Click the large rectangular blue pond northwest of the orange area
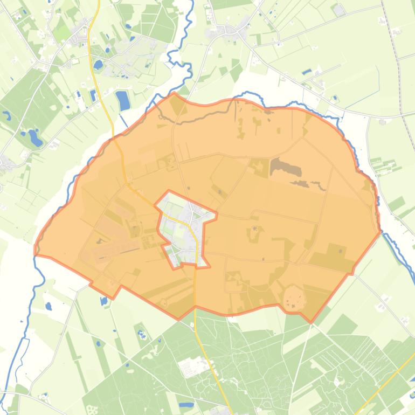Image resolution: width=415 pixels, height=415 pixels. (123, 100)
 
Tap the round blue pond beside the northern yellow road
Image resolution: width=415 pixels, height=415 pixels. (98, 65)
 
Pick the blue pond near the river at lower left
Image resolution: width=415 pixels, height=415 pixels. (49, 306)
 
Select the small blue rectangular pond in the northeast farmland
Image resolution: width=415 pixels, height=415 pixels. (307, 72)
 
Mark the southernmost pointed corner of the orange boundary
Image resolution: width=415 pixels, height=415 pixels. (311, 322)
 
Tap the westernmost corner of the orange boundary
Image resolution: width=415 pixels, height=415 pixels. (35, 251)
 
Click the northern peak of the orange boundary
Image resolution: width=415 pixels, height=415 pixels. (174, 93)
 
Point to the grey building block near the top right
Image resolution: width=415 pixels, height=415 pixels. (338, 10)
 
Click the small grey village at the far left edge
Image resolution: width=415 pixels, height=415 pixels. (5, 162)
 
